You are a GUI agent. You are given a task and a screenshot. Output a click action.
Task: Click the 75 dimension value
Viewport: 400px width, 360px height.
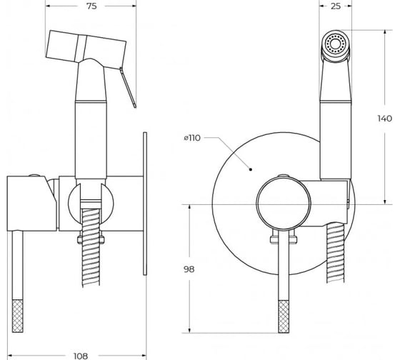(x=91, y=6)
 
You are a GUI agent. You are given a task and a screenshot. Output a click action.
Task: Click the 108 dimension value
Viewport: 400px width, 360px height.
(x=81, y=356)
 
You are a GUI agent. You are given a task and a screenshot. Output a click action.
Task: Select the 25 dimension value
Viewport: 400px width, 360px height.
(x=336, y=6)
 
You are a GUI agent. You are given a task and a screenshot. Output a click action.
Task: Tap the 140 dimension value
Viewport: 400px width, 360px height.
(x=385, y=119)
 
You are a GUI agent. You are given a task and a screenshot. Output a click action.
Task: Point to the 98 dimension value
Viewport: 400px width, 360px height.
(x=189, y=269)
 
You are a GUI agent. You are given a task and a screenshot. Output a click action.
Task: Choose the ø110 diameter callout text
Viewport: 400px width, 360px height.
(x=192, y=138)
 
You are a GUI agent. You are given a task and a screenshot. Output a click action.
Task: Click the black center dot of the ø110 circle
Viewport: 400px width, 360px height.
(x=251, y=169)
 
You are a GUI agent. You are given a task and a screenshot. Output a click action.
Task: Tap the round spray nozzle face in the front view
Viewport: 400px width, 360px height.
(x=335, y=43)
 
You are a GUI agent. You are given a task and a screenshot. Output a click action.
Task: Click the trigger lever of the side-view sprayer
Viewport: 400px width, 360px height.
(x=128, y=87)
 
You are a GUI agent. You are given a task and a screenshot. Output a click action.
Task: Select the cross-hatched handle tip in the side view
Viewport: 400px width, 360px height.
(x=18, y=316)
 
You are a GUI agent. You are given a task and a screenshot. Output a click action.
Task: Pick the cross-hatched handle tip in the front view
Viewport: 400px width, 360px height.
(x=284, y=316)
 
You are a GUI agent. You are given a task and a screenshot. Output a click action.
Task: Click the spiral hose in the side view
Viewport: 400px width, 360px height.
(x=91, y=247)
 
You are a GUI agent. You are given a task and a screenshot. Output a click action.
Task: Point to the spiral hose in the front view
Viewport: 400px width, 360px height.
(x=336, y=253)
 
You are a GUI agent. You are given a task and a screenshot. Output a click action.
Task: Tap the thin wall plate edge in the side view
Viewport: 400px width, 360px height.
(x=145, y=204)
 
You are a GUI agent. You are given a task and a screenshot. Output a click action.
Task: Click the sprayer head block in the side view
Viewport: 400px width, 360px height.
(x=86, y=49)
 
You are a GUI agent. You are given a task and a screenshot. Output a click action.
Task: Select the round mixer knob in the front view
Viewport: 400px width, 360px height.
(x=284, y=204)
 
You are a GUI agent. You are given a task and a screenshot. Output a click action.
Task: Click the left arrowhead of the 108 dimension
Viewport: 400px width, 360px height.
(x=10, y=356)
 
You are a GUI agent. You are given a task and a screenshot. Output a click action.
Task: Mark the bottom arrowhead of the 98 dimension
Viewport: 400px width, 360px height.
(x=189, y=330)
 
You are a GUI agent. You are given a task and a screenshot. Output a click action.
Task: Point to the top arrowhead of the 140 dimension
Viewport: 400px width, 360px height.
(x=385, y=33)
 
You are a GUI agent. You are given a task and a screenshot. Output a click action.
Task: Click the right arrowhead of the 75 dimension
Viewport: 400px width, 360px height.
(x=134, y=6)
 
